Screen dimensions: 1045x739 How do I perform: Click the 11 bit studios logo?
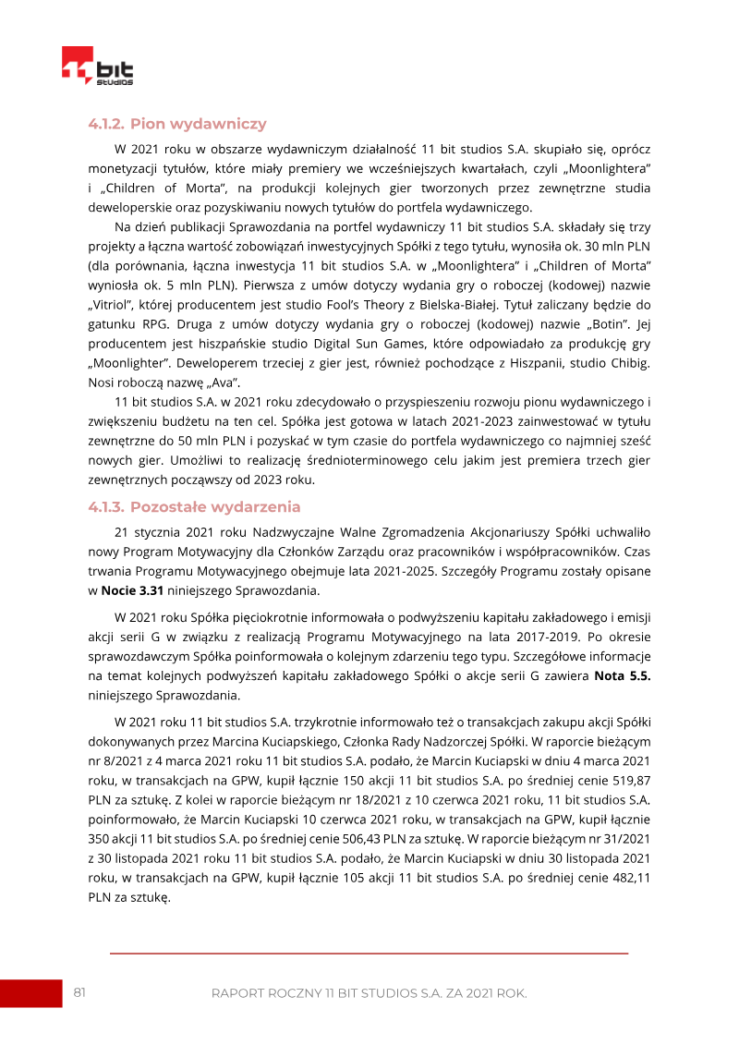coord(97,67)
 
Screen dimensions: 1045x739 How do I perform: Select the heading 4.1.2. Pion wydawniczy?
coord(177,123)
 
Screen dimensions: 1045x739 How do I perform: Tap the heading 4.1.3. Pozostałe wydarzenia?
coord(194,507)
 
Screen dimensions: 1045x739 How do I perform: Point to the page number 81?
coord(79,992)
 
